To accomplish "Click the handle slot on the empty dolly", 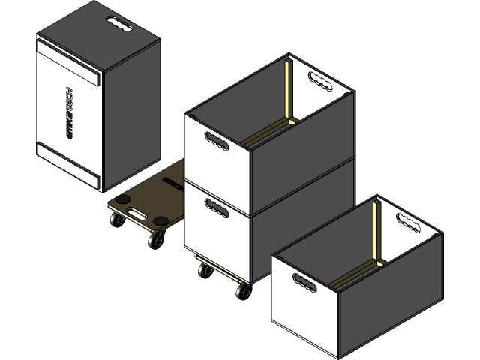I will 137,213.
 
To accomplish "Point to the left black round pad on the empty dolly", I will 122,199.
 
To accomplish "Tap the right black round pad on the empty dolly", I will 161,220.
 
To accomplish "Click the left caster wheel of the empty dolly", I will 118,222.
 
